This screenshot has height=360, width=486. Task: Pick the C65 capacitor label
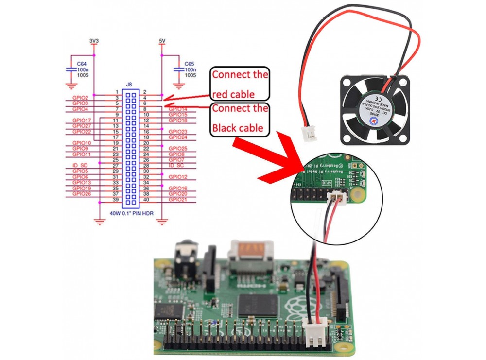click(190, 64)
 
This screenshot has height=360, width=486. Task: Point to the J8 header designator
click(129, 85)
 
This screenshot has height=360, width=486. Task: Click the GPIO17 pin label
click(81, 120)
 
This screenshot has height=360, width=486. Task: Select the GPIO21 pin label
click(177, 200)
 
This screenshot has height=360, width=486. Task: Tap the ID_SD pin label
click(79, 166)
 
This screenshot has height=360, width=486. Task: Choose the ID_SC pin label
click(175, 166)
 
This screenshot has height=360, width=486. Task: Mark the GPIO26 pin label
click(81, 194)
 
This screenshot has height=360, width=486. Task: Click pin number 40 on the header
click(144, 200)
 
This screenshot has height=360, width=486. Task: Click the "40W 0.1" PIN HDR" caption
click(130, 213)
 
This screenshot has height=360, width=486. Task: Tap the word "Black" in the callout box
click(225, 128)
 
